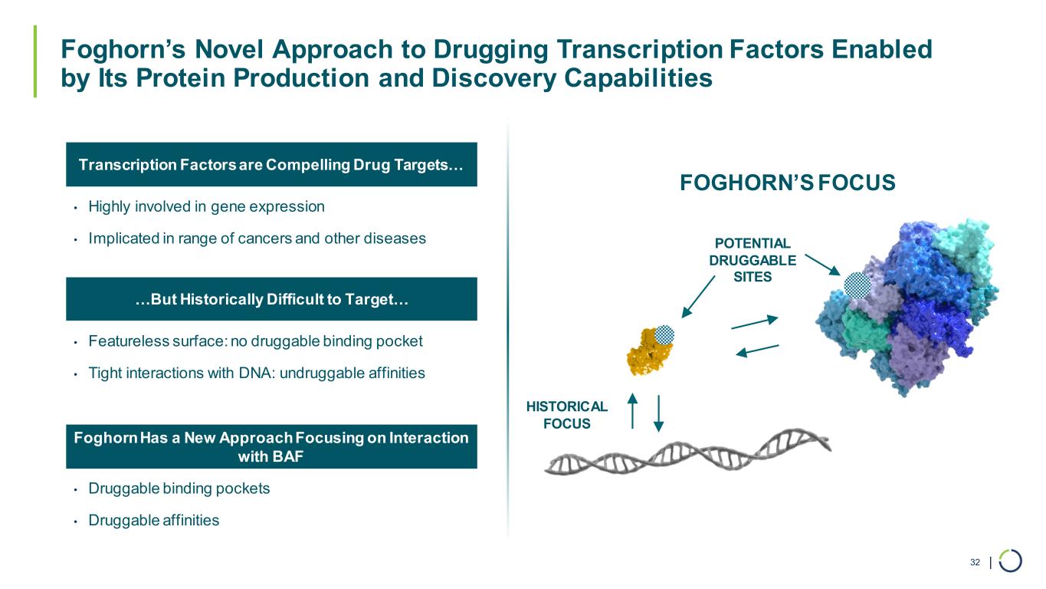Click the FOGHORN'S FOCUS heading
pyautogui.click(x=787, y=183)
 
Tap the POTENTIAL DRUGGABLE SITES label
pyautogui.click(x=752, y=260)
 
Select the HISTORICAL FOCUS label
pyautogui.click(x=566, y=415)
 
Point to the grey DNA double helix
pyautogui.click(x=687, y=452)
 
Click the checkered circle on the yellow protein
pyautogui.click(x=665, y=334)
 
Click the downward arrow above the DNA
pyautogui.click(x=658, y=414)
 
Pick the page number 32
pyautogui.click(x=975, y=562)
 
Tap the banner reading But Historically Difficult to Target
pyautogui.click(x=271, y=300)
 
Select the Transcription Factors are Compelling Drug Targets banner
pyautogui.click(x=271, y=165)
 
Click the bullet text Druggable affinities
pyautogui.click(x=153, y=520)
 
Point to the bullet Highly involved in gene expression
pyautogui.click(x=206, y=206)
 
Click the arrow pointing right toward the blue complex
pyautogui.click(x=754, y=323)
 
